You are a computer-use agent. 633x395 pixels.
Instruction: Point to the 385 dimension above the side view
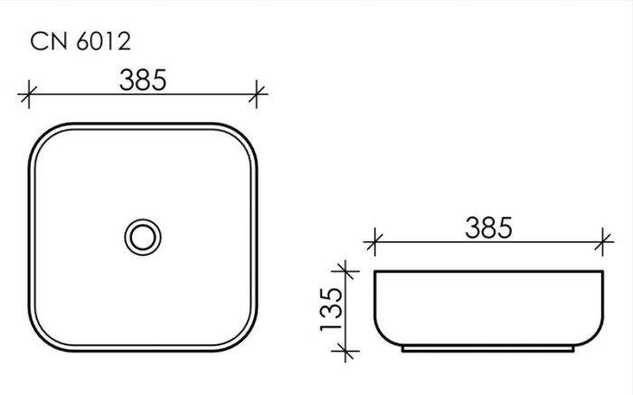tap(488, 229)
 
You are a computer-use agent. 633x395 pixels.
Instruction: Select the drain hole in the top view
tap(143, 238)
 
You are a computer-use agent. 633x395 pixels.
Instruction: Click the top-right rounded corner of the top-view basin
tap(244, 137)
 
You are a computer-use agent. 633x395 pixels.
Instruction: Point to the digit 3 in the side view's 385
tap(474, 229)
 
